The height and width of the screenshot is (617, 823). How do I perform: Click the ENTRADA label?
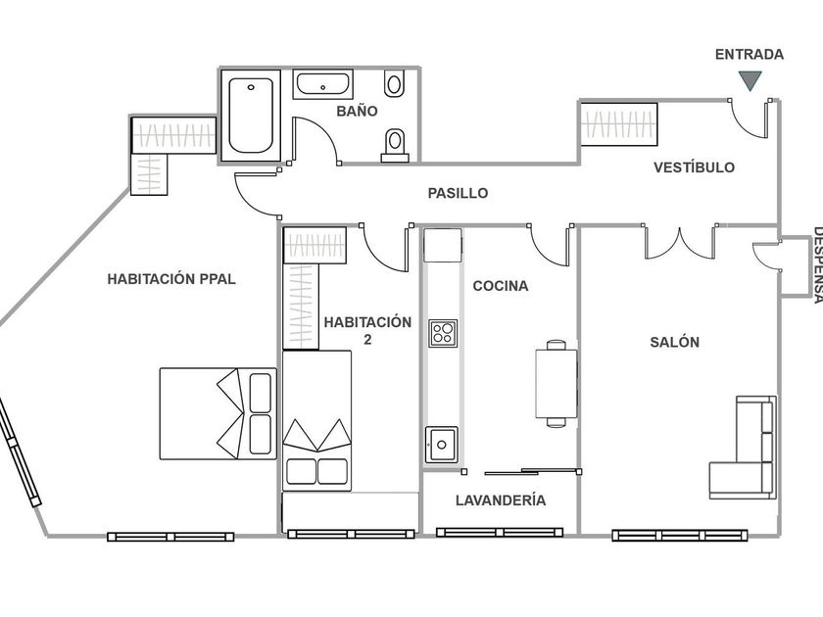[749, 55]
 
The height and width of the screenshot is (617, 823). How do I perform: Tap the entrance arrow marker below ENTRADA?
[750, 81]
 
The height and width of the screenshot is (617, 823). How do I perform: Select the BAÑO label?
[357, 112]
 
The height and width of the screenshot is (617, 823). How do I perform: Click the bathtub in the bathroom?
[250, 116]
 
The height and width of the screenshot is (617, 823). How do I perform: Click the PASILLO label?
[458, 193]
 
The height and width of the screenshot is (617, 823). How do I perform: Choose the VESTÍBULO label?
[694, 167]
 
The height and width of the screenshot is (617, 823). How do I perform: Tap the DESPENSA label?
[815, 264]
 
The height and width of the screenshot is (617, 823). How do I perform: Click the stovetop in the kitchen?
[442, 333]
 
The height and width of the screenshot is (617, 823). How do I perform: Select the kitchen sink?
[441, 445]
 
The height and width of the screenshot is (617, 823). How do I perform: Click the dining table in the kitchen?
[556, 383]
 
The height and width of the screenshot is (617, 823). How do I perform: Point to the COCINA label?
[500, 286]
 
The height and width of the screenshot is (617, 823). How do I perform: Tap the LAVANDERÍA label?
[501, 500]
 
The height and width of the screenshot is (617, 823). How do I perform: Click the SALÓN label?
[674, 342]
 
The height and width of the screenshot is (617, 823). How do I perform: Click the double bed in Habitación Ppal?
[218, 412]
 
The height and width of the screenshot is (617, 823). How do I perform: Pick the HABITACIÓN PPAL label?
[171, 278]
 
